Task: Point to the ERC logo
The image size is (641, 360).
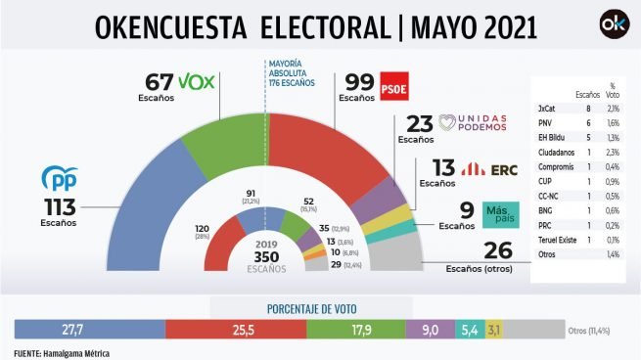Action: point(481,168)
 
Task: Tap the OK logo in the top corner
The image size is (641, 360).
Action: point(613,25)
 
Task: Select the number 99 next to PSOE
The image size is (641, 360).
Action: point(353,81)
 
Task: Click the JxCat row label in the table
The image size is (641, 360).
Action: point(547,108)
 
